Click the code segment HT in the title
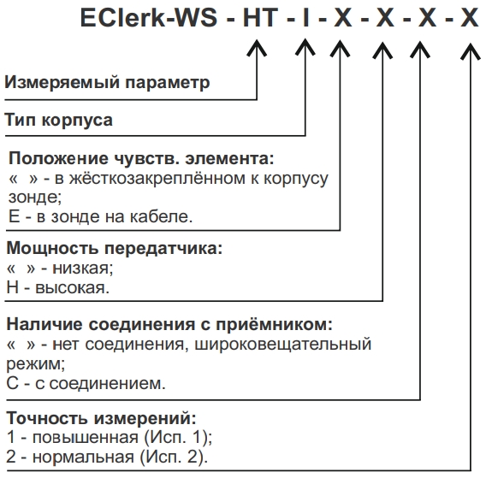[261, 18]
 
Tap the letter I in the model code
[305, 18]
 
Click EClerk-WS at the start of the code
[149, 18]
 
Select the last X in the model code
[470, 18]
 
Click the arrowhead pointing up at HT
[257, 48]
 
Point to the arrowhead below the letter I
[305, 48]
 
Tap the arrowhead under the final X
[470, 50]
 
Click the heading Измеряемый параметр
[107, 82]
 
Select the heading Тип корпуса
[59, 120]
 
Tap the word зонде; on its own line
[35, 198]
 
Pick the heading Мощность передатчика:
[115, 248]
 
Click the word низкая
[82, 269]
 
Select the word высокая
[72, 287]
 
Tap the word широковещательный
[283, 345]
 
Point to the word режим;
[36, 364]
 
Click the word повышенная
[86, 437]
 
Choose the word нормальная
[83, 457]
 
